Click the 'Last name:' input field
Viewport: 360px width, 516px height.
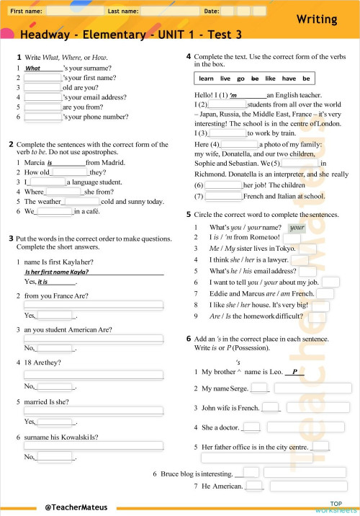[168, 12]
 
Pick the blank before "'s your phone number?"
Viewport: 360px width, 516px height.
[42, 117]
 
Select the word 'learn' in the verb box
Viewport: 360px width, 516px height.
[207, 79]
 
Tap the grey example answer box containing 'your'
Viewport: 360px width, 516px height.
[297, 228]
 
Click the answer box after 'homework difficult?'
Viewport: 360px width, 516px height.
[318, 316]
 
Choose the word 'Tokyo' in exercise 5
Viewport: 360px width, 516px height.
[283, 249]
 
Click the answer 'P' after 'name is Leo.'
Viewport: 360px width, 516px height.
[294, 372]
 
